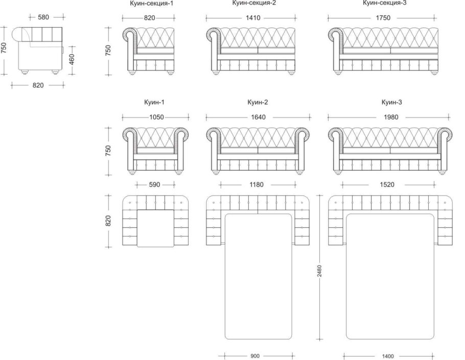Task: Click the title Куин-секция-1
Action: (151, 4)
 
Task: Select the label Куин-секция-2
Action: (254, 3)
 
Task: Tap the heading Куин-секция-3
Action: (384, 3)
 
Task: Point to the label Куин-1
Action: (154, 102)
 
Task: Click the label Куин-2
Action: (258, 102)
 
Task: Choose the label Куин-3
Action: (392, 102)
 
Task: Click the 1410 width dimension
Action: (253, 18)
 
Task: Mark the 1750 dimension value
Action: (383, 18)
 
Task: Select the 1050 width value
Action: (156, 117)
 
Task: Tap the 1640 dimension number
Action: (258, 117)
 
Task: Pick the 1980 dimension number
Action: (391, 117)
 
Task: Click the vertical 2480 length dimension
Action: (319, 271)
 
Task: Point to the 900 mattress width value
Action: (255, 356)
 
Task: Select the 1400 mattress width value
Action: (388, 356)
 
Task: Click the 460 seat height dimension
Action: (72, 60)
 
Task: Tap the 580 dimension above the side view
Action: (43, 17)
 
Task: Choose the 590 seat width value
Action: (154, 185)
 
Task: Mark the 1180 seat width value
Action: (256, 185)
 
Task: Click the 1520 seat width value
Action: (387, 185)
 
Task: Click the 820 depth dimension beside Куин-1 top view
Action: (108, 221)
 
